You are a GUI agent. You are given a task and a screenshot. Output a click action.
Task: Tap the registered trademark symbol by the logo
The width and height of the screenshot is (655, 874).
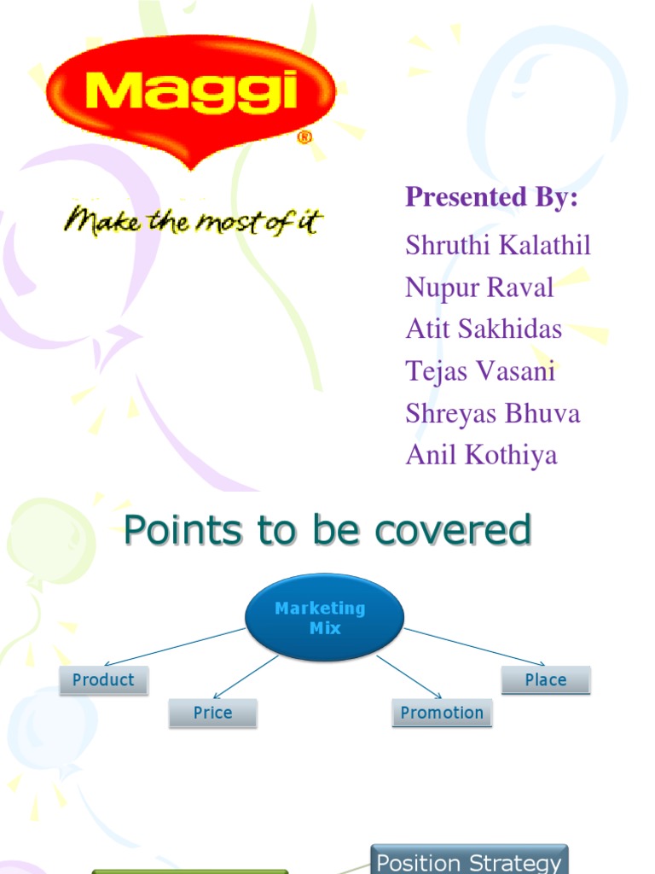coord(304,137)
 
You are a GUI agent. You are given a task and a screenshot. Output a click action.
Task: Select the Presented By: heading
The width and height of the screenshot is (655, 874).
coord(491,197)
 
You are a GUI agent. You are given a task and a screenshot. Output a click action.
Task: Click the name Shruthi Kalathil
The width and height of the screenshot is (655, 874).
coord(498,246)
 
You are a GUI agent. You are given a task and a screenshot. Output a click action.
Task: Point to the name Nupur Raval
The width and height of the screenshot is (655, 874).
coord(479,288)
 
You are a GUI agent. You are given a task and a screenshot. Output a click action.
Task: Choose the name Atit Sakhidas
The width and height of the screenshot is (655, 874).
coord(484,329)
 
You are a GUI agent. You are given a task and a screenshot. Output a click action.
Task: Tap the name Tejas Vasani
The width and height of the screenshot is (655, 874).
coord(480,371)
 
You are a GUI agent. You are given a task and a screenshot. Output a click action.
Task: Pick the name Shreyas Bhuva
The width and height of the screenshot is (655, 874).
coord(493,413)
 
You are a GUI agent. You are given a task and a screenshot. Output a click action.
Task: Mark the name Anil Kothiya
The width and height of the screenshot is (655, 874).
coord(481,455)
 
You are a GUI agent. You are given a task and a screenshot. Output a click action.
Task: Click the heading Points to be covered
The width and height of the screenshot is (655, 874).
coord(327,530)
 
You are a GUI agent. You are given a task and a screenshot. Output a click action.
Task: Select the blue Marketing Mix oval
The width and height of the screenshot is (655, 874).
coord(324,618)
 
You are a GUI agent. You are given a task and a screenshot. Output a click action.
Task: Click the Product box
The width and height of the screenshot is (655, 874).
coord(103,680)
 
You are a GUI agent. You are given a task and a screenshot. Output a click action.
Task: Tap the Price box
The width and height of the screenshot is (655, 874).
coord(212,713)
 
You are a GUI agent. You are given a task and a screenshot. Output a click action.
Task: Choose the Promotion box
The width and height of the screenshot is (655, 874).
coord(442,713)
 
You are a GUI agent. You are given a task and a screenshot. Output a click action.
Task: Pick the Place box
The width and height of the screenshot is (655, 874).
coord(546,680)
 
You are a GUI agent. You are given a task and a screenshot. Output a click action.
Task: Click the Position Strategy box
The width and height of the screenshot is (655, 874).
coord(469,860)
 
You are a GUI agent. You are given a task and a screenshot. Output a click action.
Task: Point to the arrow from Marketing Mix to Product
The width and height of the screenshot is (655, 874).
coord(175,647)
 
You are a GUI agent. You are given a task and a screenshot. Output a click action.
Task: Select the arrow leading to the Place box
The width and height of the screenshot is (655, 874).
coord(474,647)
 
